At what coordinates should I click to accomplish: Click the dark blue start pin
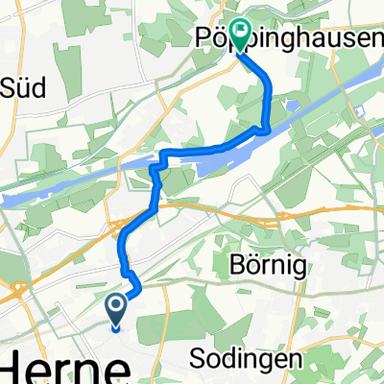pyautogui.click(x=115, y=312)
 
